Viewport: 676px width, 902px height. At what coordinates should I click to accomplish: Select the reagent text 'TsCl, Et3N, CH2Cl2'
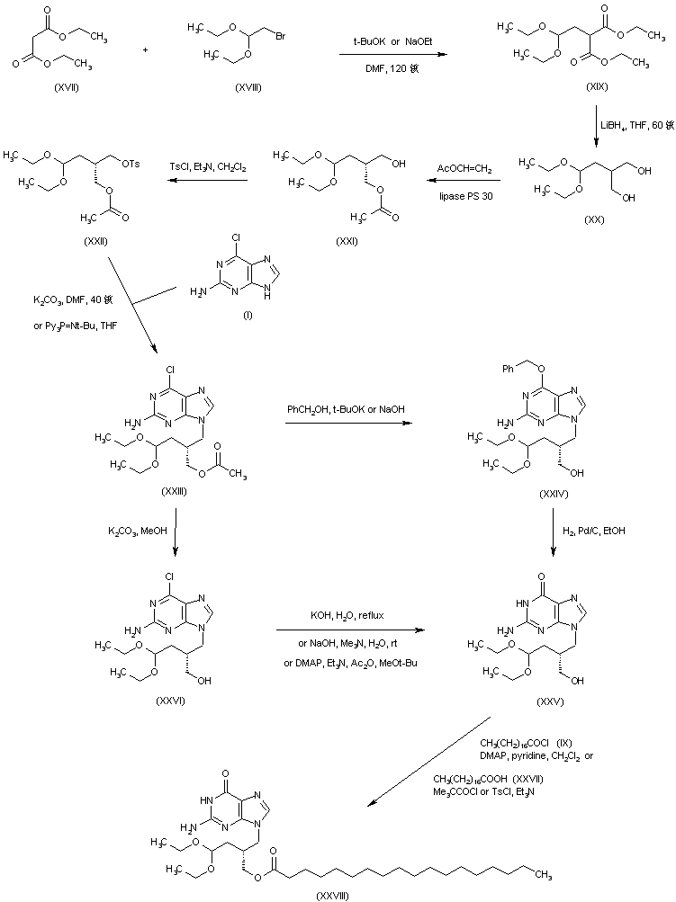point(208,166)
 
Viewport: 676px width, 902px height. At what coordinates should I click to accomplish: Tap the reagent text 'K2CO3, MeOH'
point(136,532)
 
